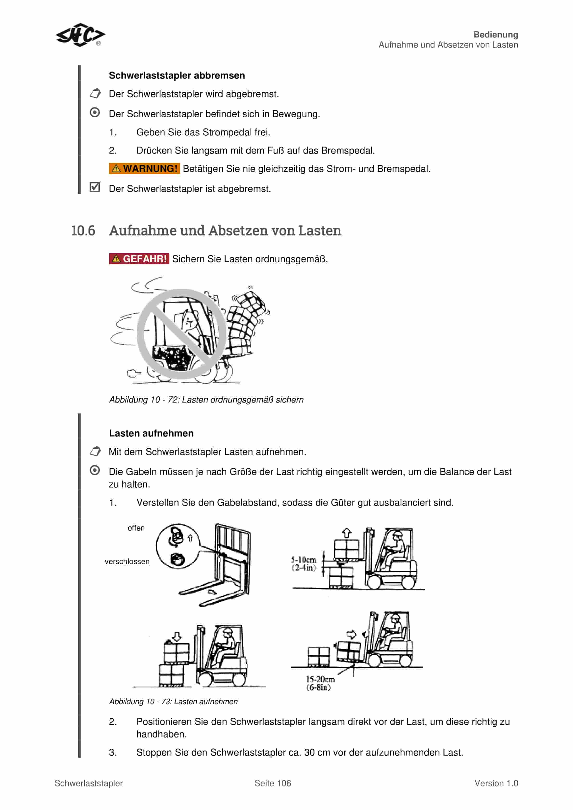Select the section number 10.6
(83, 231)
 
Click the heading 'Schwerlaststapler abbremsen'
(177, 76)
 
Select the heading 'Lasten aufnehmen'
(151, 433)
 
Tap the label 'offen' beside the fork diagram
(136, 528)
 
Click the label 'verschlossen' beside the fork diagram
(127, 561)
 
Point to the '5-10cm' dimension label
(303, 560)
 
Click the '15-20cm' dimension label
(320, 679)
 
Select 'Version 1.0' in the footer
(496, 783)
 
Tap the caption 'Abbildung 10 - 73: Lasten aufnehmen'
(173, 701)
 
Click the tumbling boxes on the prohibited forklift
(247, 321)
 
